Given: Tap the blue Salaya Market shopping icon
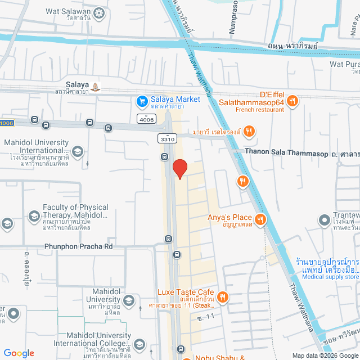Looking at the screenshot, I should (x=142, y=101).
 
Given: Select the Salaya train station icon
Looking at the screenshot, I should (x=96, y=87).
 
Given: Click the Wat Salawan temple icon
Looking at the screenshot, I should (x=99, y=12).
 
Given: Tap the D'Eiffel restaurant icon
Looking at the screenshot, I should (x=292, y=101).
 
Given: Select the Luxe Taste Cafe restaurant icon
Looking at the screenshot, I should (x=223, y=296).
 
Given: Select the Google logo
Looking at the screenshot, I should (x=19, y=353).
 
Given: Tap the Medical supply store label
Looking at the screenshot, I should (x=330, y=276).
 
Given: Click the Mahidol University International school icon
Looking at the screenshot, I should (x=77, y=151).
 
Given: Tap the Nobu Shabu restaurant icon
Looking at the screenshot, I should (x=186, y=357).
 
